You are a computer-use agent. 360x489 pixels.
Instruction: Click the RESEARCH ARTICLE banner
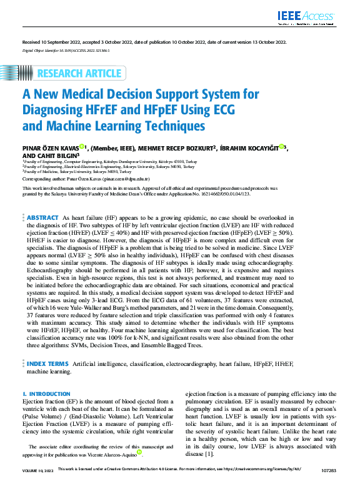coord(79,74)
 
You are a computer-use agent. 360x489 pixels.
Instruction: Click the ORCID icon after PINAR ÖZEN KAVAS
coord(82,147)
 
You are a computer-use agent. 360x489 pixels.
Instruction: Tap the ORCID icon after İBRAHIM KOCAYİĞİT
coord(282,147)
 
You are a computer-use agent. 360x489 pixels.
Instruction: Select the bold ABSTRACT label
coord(42,217)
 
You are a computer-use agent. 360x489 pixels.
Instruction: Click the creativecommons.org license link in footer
coord(259,485)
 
